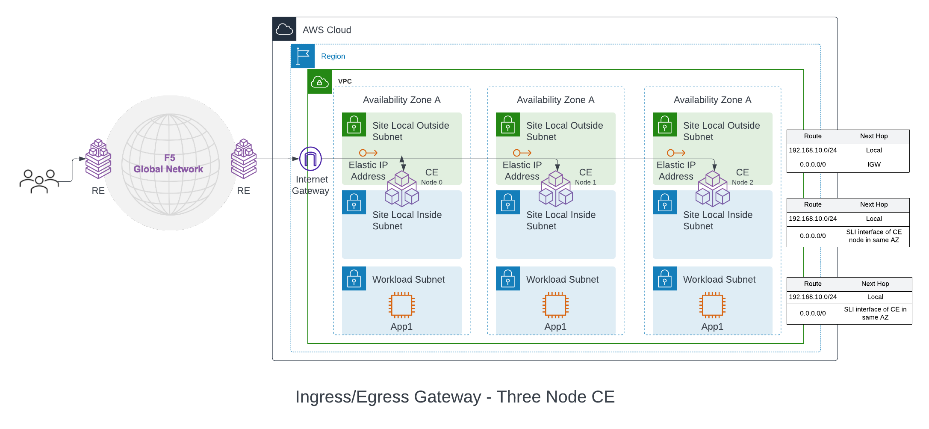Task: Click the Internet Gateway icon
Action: pyautogui.click(x=310, y=159)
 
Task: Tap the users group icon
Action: pyautogui.click(x=39, y=181)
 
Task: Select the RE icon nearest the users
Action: pyautogui.click(x=98, y=159)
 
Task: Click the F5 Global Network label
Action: pyautogui.click(x=169, y=164)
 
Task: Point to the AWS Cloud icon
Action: pyautogui.click(x=284, y=29)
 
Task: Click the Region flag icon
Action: pyautogui.click(x=303, y=56)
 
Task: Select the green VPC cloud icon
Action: pyautogui.click(x=320, y=82)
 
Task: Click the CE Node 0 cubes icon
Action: pyautogui.click(x=401, y=189)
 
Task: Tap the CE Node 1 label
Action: pyautogui.click(x=585, y=177)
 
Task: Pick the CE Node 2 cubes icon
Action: pyautogui.click(x=712, y=189)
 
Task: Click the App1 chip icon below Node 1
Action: pyautogui.click(x=555, y=305)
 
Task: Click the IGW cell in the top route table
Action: pyautogui.click(x=873, y=165)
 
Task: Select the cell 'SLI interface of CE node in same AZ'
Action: pyautogui.click(x=873, y=236)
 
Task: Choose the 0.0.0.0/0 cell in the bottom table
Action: pyautogui.click(x=812, y=314)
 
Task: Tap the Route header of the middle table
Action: pyautogui.click(x=812, y=205)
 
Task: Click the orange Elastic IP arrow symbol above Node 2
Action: pyautogui.click(x=676, y=153)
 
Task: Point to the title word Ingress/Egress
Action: pyautogui.click(x=388, y=397)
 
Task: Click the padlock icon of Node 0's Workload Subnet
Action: pyautogui.click(x=354, y=278)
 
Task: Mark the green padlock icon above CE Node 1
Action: pyautogui.click(x=508, y=124)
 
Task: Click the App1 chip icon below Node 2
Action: pyautogui.click(x=712, y=305)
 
